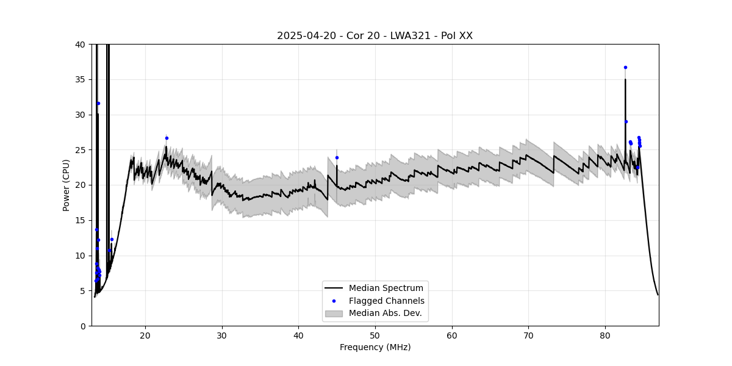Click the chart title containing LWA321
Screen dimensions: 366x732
click(x=375, y=36)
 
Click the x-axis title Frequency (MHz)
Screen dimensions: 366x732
click(x=375, y=347)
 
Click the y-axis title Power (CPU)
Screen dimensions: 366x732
click(x=66, y=185)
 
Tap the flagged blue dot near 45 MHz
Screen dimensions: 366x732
click(x=337, y=157)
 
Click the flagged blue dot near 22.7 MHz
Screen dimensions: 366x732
click(x=167, y=138)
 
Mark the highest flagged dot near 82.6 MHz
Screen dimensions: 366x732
click(x=625, y=67)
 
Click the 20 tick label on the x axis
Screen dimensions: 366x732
click(x=145, y=335)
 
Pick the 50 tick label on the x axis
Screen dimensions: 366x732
click(x=375, y=335)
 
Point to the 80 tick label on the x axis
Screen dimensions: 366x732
click(x=605, y=335)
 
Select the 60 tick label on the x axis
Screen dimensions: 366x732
click(x=452, y=335)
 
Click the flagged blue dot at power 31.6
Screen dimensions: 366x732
click(x=98, y=103)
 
